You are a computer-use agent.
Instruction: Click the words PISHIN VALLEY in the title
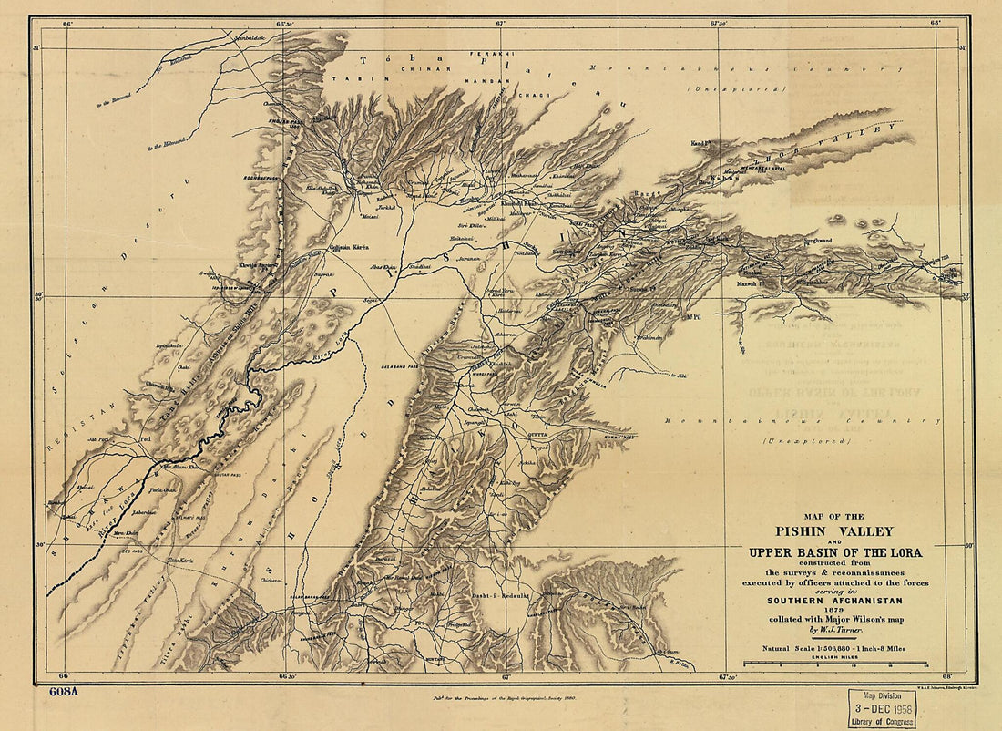833,531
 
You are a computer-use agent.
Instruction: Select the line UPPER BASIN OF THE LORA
834,552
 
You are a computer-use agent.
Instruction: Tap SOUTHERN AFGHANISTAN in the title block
833,600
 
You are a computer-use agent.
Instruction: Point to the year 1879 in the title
833,610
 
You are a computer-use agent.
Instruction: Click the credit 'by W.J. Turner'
833,630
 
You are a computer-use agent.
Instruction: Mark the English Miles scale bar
833,664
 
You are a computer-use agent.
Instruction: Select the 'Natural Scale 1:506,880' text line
833,648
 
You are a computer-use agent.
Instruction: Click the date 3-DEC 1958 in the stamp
882,705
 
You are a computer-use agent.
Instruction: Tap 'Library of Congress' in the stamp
882,720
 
